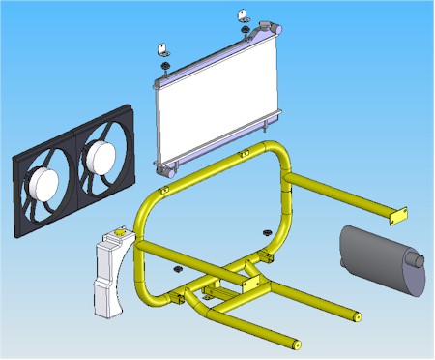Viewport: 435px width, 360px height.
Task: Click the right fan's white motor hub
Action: [102, 154]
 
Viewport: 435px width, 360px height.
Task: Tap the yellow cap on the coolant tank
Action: [119, 232]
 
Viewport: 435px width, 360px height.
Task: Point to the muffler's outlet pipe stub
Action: [418, 261]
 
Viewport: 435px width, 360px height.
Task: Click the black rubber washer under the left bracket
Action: [166, 67]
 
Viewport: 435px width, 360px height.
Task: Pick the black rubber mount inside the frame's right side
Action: [264, 232]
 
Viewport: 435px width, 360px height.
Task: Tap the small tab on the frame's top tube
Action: [165, 189]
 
